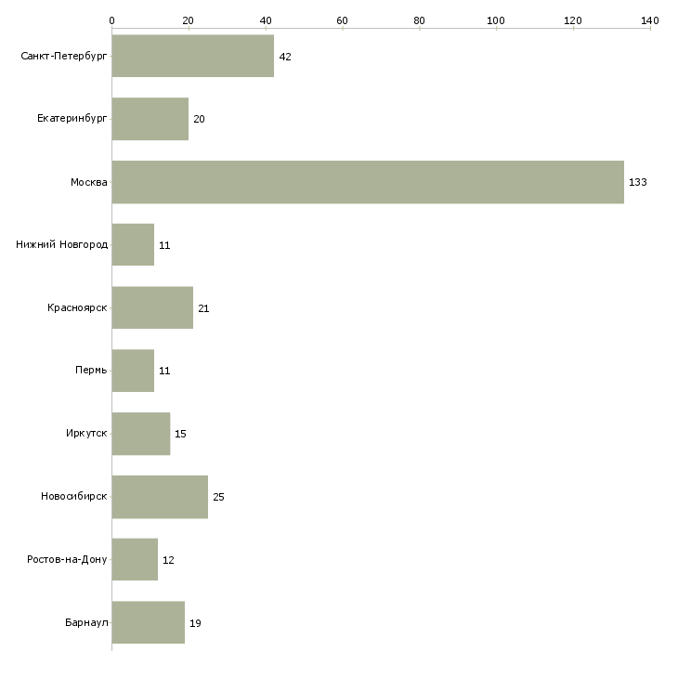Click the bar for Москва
click(x=368, y=182)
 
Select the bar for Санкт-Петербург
click(x=193, y=57)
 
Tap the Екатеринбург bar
click(x=150, y=119)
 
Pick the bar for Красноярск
click(x=152, y=307)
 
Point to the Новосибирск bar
click(x=160, y=496)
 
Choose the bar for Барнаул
click(x=149, y=622)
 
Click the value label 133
click(x=637, y=182)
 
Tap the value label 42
click(x=285, y=57)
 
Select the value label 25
click(x=219, y=497)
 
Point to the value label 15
click(x=180, y=434)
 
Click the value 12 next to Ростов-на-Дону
click(x=168, y=560)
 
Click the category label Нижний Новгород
click(x=61, y=245)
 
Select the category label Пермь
click(x=91, y=371)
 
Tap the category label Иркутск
click(x=85, y=434)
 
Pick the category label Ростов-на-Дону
click(x=67, y=560)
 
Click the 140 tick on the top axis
click(x=649, y=20)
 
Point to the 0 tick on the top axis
click(x=111, y=20)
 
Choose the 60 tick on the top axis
click(x=342, y=20)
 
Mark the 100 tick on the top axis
click(x=496, y=20)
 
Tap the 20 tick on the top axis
click(x=189, y=20)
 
